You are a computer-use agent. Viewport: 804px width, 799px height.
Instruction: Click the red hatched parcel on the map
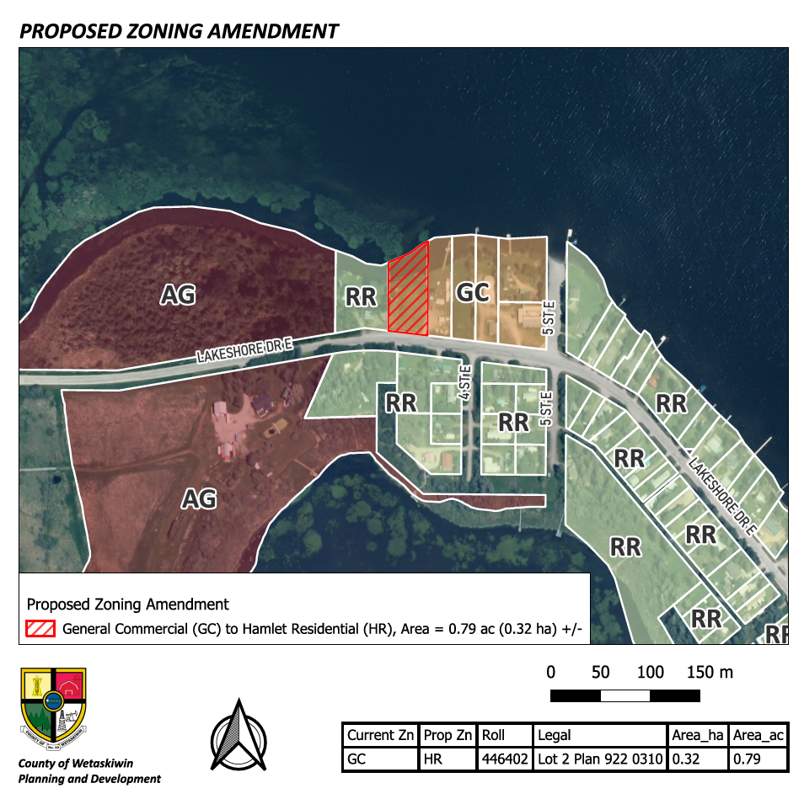click(x=408, y=290)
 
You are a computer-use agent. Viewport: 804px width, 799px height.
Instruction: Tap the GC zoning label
click(x=473, y=292)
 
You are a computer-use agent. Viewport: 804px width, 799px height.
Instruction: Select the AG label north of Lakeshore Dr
click(x=178, y=295)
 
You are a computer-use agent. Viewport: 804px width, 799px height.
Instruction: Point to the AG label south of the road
click(x=200, y=498)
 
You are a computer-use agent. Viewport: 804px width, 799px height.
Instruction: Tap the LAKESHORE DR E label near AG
click(x=244, y=348)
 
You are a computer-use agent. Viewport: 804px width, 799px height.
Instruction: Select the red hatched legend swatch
click(x=41, y=629)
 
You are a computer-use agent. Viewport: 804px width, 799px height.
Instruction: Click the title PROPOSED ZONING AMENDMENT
click(x=179, y=32)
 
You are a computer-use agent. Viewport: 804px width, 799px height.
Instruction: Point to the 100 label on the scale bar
click(x=651, y=673)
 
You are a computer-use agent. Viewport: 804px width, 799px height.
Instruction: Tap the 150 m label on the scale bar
click(x=709, y=673)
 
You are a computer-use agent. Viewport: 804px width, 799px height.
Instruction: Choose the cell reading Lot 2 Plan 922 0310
click(x=599, y=759)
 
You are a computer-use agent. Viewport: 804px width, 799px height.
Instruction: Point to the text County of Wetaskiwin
click(x=76, y=764)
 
